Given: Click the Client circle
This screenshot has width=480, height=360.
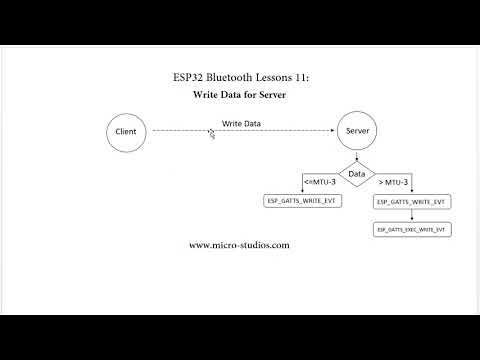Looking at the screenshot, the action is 127,131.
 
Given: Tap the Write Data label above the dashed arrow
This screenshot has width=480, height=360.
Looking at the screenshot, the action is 241,122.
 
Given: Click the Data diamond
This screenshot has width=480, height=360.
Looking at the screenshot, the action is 356,173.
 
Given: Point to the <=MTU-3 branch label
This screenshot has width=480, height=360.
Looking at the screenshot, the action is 319,181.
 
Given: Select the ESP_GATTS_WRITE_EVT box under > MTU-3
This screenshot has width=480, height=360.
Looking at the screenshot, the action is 411,202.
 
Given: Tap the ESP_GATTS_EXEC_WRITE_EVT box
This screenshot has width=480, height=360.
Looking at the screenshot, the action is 411,230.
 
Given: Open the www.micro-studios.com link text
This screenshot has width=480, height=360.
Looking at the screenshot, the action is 239,245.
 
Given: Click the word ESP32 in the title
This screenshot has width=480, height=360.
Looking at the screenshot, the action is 190,77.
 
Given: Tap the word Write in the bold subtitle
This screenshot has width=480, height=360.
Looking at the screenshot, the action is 207,96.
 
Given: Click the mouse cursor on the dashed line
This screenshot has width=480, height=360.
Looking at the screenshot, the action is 212,134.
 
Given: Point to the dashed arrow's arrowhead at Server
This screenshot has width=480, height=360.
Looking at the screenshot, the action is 332,131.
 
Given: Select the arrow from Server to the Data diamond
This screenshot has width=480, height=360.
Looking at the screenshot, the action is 356,156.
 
